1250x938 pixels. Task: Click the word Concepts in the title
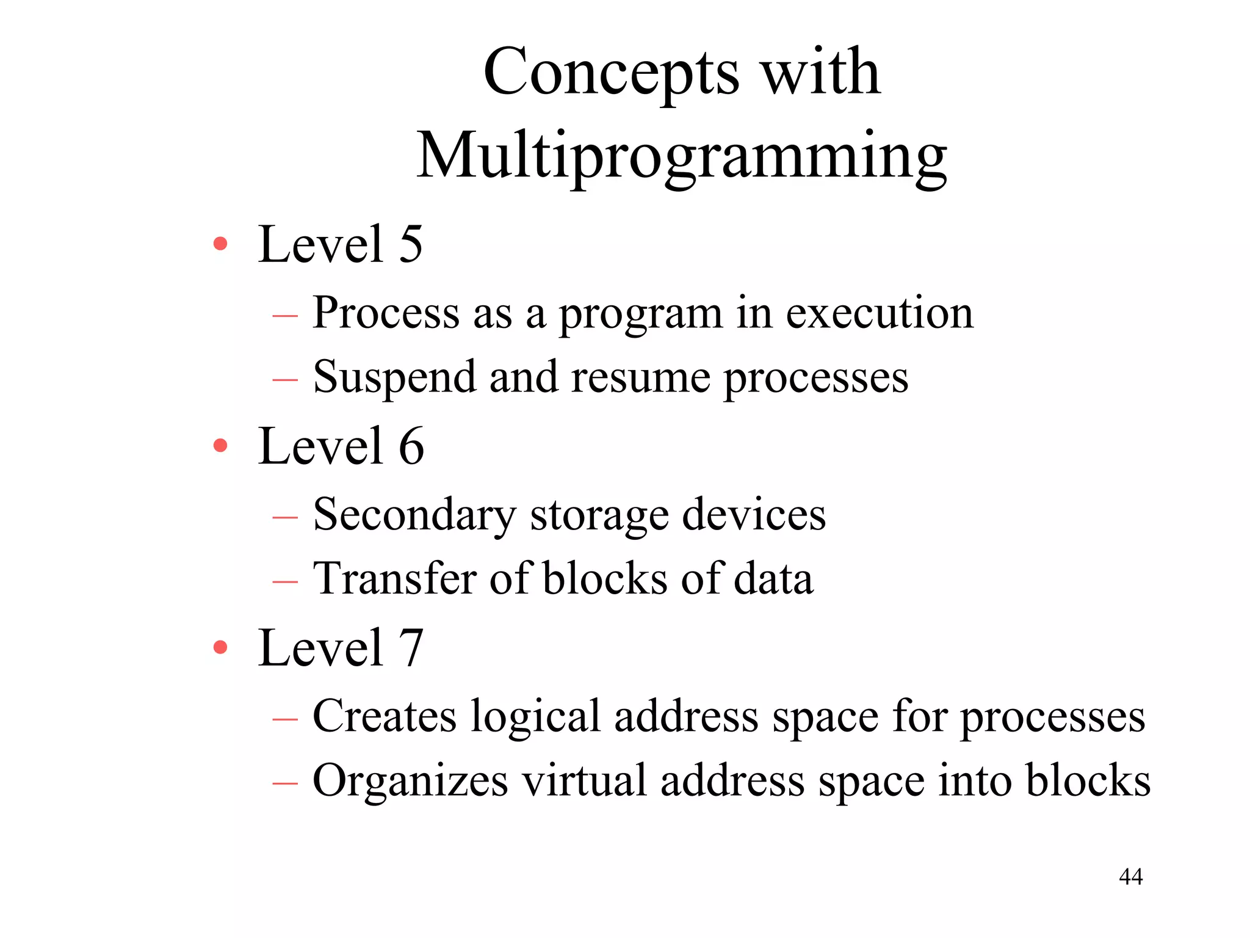tap(611, 73)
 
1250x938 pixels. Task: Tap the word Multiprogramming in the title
tap(681, 156)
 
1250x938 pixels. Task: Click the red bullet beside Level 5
tap(220, 244)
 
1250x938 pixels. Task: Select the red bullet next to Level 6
tap(220, 446)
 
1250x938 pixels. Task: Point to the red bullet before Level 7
tap(220, 647)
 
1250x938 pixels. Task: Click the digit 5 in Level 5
tap(411, 244)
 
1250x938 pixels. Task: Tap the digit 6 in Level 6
tap(411, 446)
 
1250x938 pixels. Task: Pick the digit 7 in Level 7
tap(411, 648)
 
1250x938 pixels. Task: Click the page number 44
tap(1130, 877)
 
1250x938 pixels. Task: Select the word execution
tap(880, 313)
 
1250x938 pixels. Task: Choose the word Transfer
tap(394, 578)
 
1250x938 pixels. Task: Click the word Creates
tap(385, 716)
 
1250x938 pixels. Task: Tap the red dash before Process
tap(285, 316)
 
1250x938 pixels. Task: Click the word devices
tap(754, 515)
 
